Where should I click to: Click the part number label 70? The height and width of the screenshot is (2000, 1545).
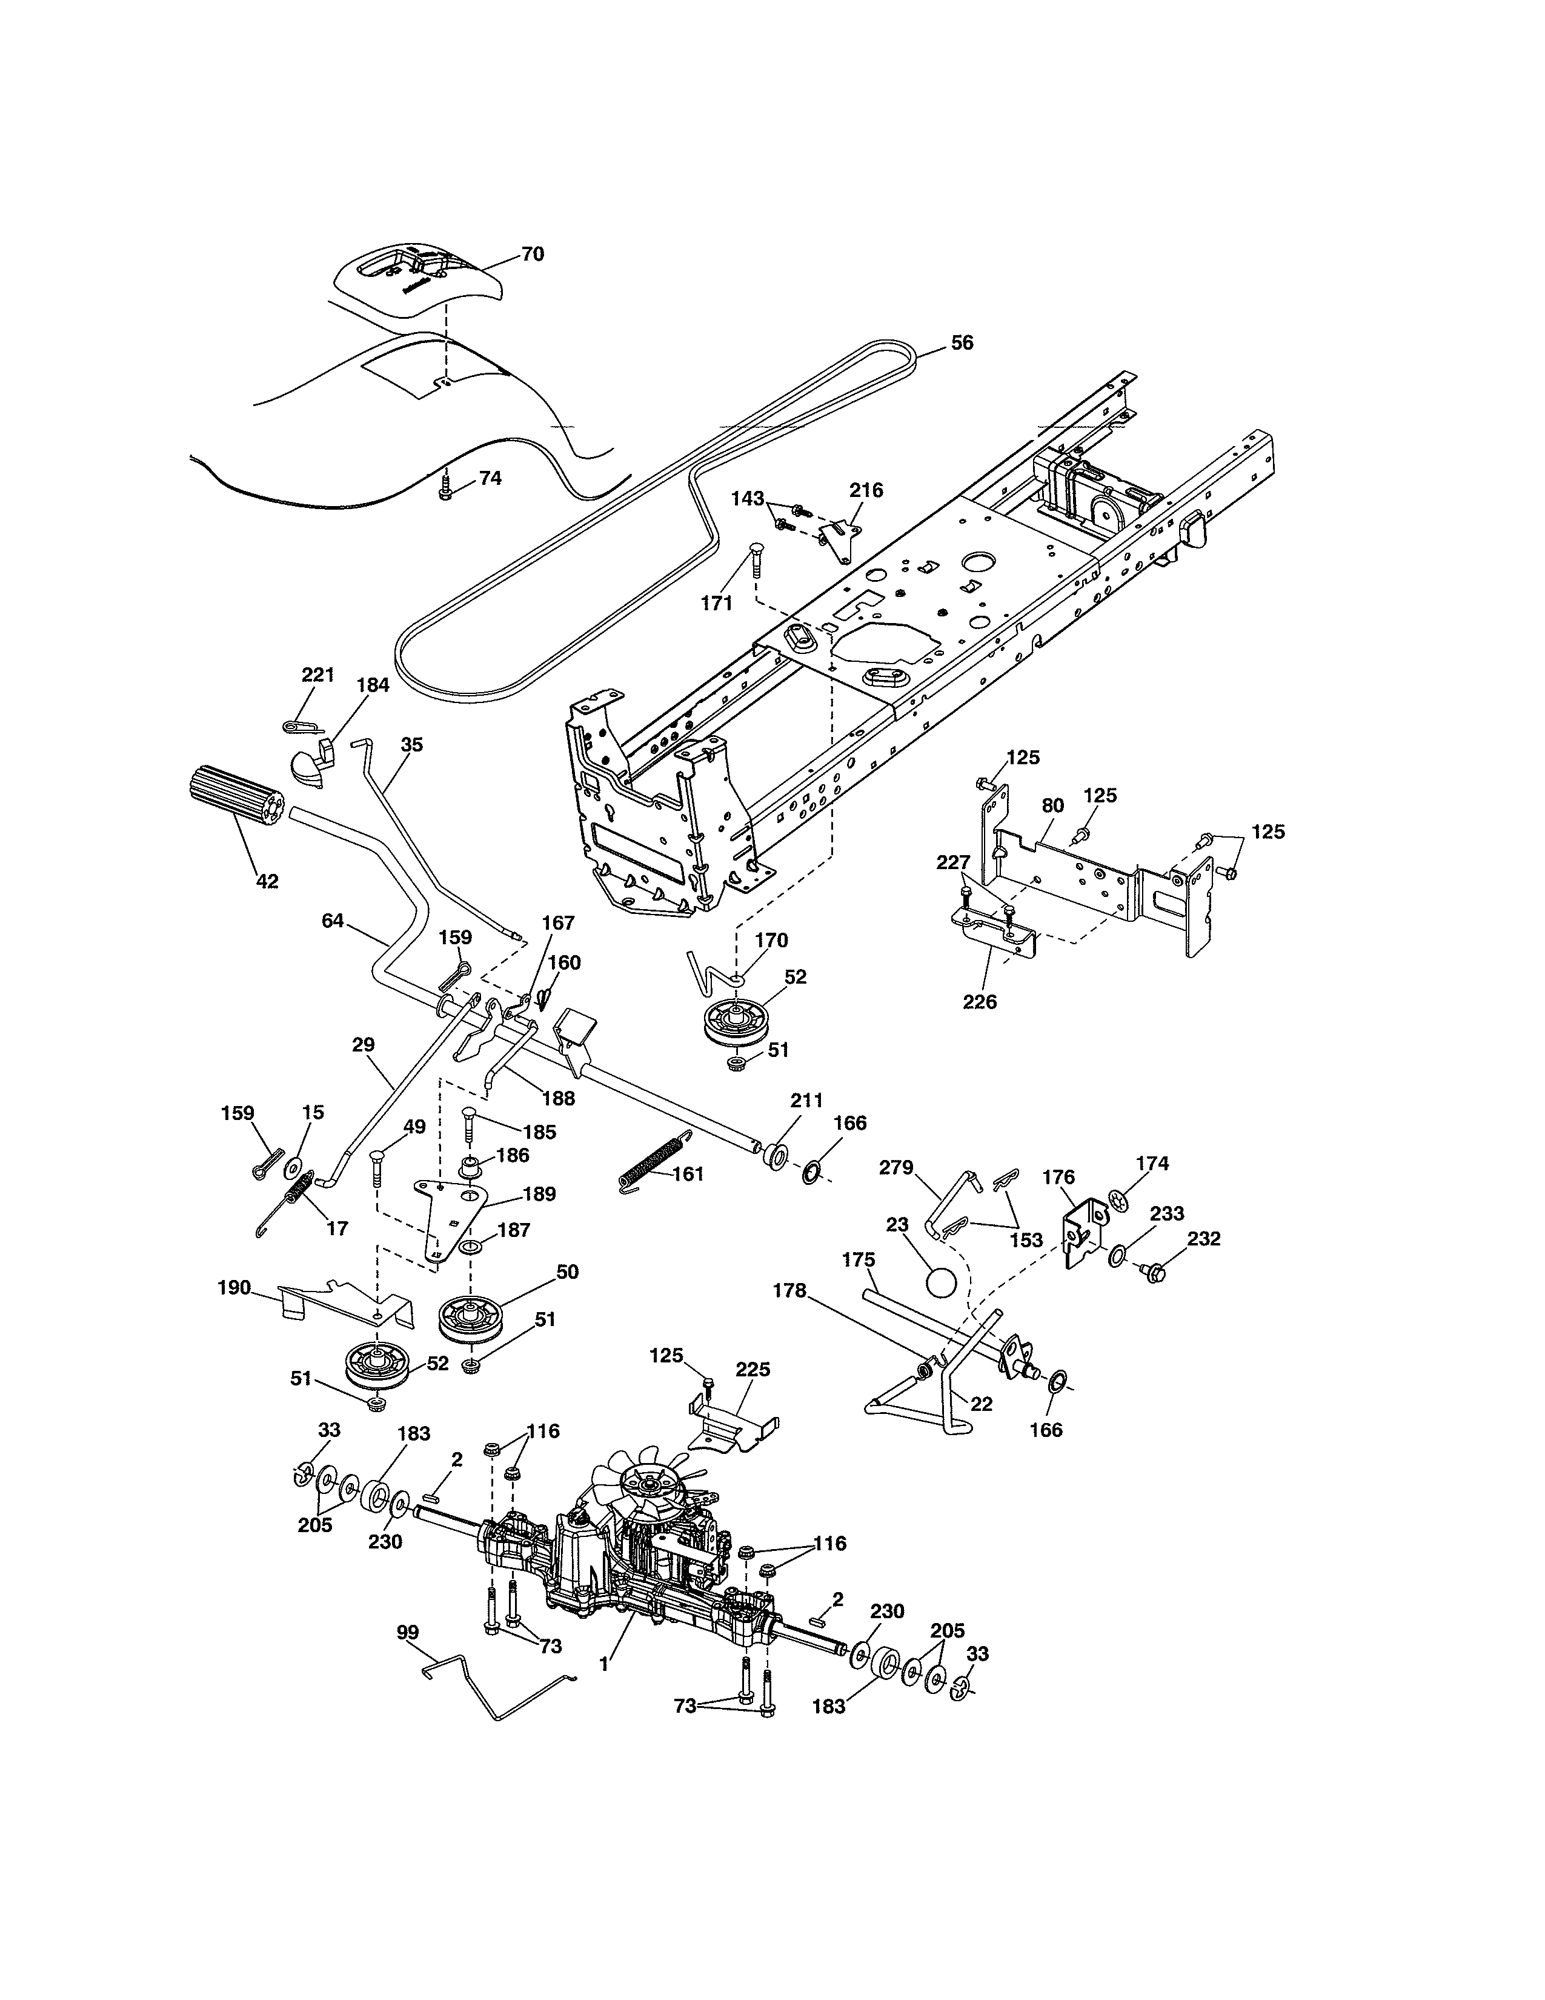pos(532,254)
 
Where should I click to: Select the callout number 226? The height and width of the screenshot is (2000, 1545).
pos(979,1001)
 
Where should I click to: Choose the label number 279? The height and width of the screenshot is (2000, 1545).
pos(896,1168)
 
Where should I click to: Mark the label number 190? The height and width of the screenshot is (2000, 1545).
pos(234,1287)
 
